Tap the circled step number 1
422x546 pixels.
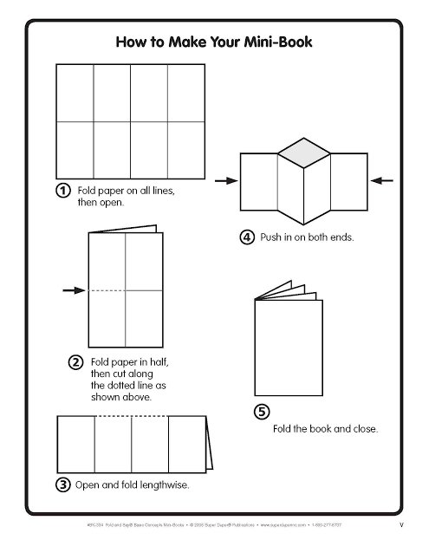click(63, 191)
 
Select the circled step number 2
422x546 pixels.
click(75, 361)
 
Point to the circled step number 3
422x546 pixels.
click(63, 484)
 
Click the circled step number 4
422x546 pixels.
click(247, 237)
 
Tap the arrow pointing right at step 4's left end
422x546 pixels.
click(225, 180)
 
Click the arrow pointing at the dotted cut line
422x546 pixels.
click(73, 289)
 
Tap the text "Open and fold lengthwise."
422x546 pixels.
click(132, 485)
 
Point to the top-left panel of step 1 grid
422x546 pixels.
click(75, 93)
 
